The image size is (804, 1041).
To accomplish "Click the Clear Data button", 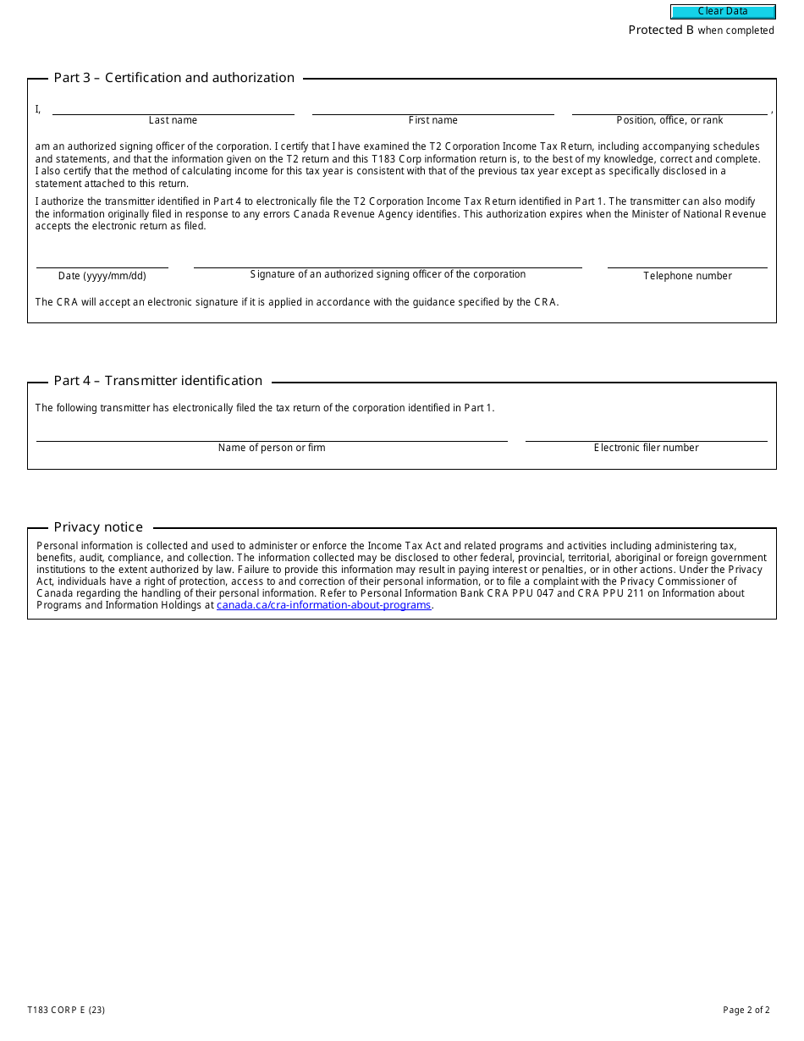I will (x=723, y=12).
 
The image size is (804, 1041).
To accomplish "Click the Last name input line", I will (x=173, y=107).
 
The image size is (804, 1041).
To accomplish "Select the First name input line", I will (x=432, y=107).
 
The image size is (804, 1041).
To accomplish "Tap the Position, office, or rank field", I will (x=669, y=107).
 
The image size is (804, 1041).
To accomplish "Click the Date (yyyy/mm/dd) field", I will (x=102, y=261).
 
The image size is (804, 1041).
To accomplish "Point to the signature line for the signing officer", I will (x=388, y=261).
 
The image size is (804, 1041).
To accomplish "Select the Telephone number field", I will (x=687, y=261).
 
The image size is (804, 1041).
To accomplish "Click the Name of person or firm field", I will (x=272, y=434).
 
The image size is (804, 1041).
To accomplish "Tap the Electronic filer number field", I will (x=646, y=434).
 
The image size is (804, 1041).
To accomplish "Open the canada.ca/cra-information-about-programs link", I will (x=323, y=605).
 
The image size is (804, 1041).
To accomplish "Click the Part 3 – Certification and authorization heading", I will (x=174, y=78).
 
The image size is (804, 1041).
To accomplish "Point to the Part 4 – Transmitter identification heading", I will (x=158, y=381).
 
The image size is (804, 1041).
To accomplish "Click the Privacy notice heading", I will (x=98, y=527).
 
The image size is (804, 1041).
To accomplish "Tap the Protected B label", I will (x=661, y=30).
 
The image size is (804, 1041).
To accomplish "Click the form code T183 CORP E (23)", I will (x=66, y=1010).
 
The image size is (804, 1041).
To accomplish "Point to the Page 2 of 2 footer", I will (x=746, y=1010).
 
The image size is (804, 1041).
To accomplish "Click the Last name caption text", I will (x=173, y=120).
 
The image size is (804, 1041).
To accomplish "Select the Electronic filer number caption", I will (x=646, y=448).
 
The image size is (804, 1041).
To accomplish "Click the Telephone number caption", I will (x=687, y=276).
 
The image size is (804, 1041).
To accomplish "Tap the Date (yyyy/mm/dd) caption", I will (x=102, y=276).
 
